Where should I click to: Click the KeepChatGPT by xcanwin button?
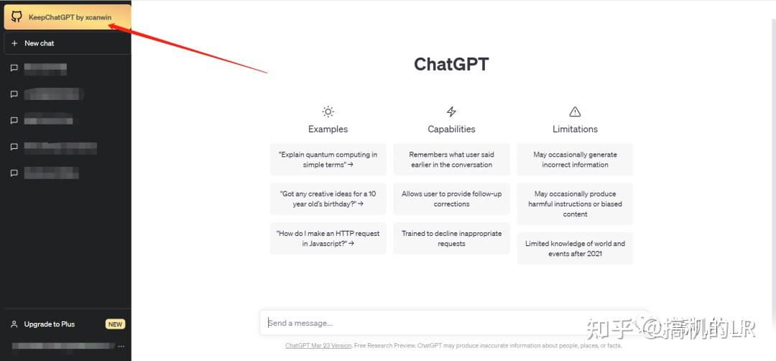pos(68,17)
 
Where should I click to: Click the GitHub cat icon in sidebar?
pos(17,17)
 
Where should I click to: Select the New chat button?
pos(67,43)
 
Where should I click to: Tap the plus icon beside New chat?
pos(14,43)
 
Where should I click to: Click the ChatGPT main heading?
pos(451,64)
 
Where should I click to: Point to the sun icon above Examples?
pos(328,111)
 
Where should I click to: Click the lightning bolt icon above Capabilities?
pos(451,111)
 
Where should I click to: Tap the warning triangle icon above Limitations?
pos(575,111)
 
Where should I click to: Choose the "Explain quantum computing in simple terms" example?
pos(328,160)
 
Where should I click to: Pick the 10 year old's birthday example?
pos(328,198)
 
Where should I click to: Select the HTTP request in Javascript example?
pos(328,238)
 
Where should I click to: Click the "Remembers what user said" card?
pos(451,160)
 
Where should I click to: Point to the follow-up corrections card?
pos(451,198)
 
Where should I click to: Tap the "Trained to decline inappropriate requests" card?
pos(451,238)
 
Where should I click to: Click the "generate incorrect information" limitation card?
pos(575,160)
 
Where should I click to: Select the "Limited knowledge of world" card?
pos(575,248)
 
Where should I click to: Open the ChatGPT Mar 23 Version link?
pos(318,346)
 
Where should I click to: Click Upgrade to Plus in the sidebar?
pos(49,324)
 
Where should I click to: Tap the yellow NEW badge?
pos(115,324)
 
